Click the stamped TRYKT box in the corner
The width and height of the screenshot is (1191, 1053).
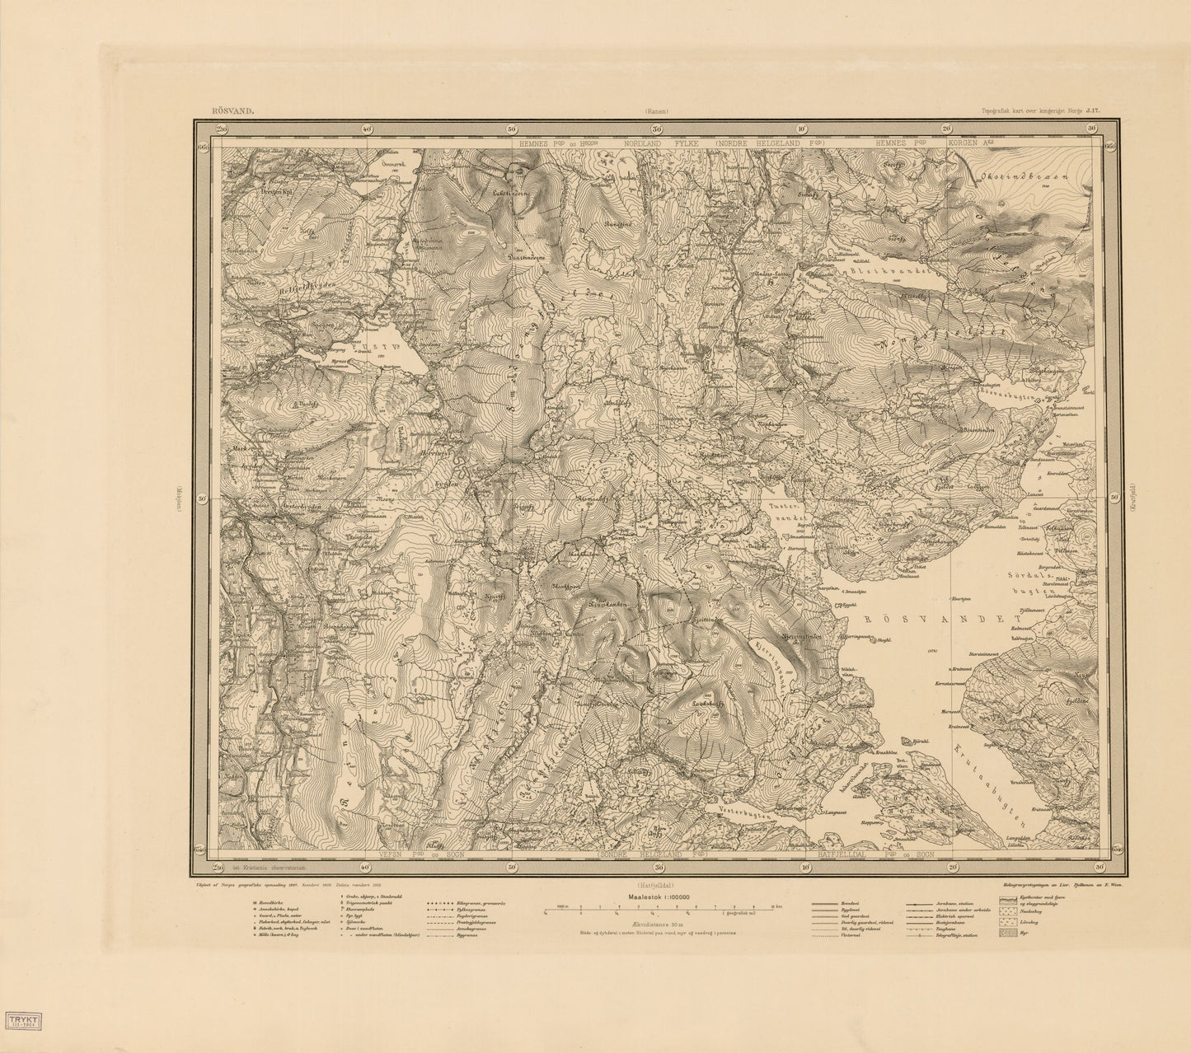22,1021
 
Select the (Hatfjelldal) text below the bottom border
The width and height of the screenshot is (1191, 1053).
657,876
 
